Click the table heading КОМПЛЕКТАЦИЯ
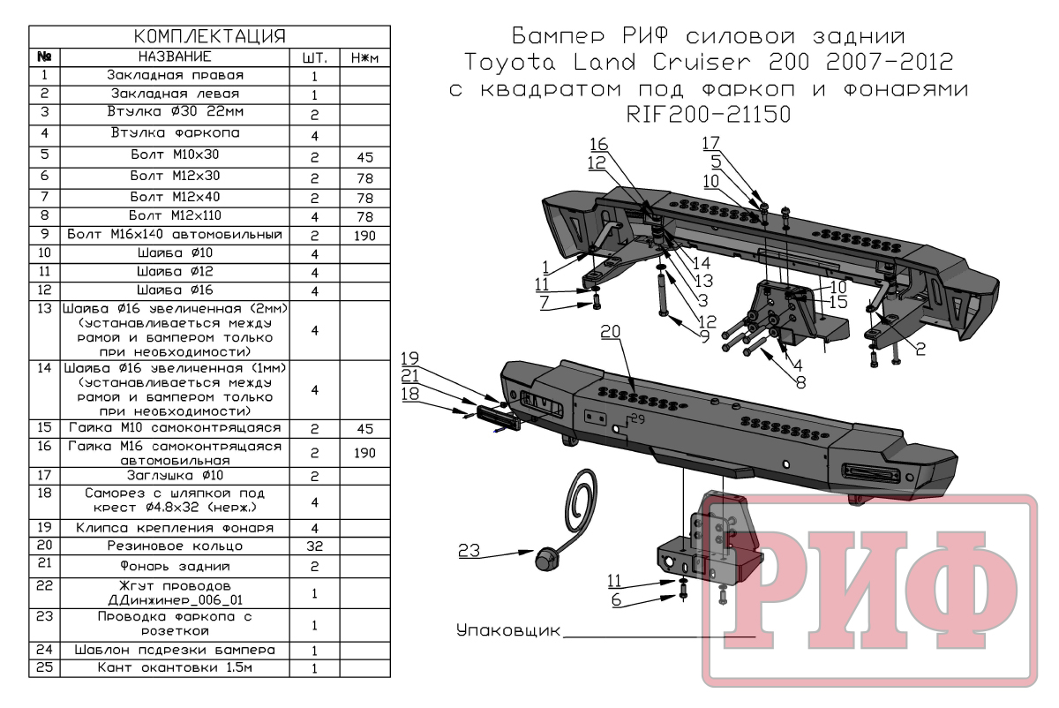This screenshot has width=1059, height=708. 209,36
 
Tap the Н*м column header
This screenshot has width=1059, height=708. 363,57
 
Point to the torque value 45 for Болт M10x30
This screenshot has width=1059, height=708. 363,158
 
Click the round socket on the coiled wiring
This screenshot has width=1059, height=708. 545,558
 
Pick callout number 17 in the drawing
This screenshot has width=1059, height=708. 711,142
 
